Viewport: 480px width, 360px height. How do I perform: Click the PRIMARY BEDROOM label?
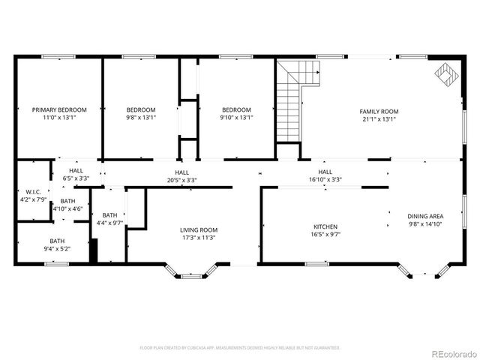tap(59, 109)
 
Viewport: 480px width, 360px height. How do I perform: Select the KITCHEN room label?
tap(325, 226)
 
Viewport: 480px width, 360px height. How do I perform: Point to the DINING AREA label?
tap(426, 216)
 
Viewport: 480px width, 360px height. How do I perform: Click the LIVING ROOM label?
tap(199, 230)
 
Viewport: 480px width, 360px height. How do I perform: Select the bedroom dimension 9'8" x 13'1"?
tap(141, 117)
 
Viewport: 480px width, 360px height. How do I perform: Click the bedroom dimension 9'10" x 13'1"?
tap(236, 117)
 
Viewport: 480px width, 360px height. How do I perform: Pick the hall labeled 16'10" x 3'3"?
tap(325, 180)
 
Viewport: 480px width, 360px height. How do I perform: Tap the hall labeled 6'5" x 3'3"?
tap(75, 178)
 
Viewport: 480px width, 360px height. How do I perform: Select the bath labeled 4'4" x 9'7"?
tap(110, 223)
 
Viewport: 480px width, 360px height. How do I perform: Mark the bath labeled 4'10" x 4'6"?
tap(67, 209)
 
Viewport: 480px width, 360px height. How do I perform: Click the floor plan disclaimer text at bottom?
tap(240, 348)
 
